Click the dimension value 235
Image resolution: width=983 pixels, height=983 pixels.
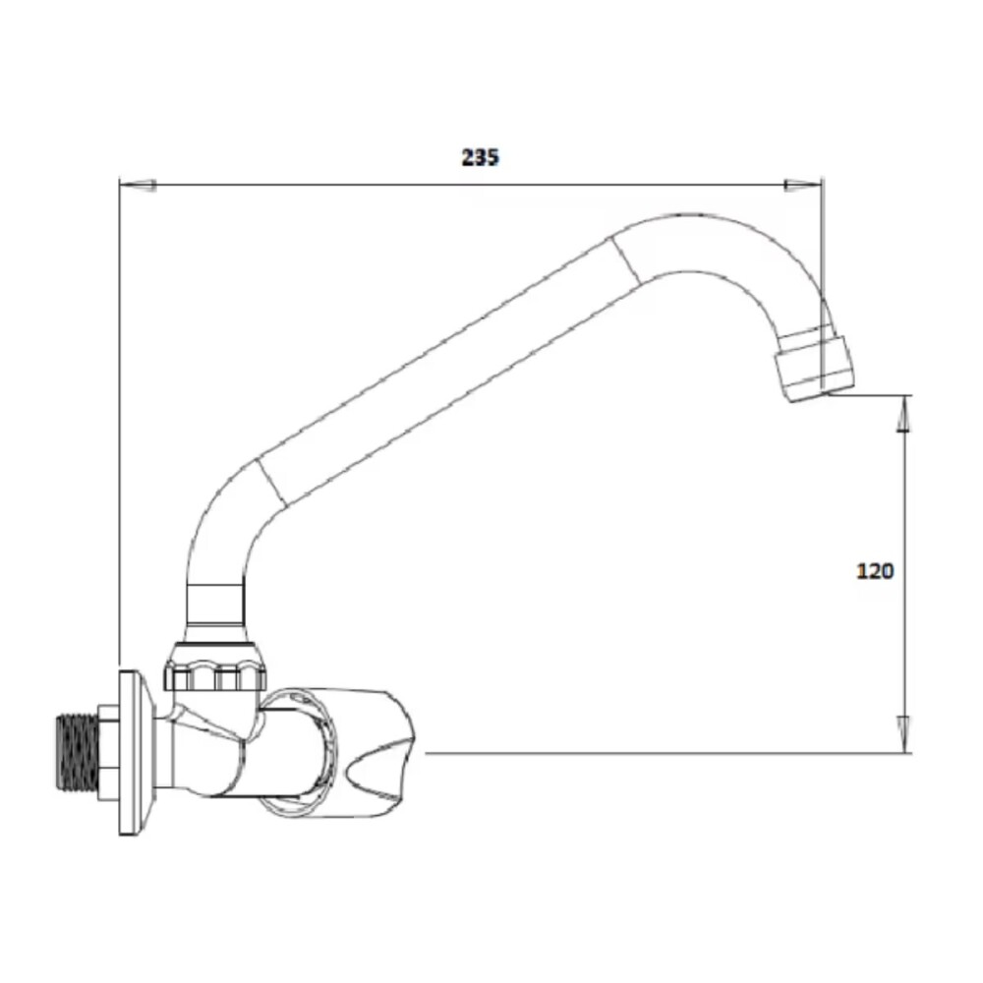click(x=481, y=157)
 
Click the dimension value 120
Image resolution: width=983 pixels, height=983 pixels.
click(x=875, y=571)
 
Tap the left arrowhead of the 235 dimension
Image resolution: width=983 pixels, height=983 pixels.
click(x=137, y=184)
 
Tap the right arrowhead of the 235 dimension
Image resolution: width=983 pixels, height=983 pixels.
click(x=802, y=184)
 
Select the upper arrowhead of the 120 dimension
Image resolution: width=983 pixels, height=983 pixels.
click(x=904, y=413)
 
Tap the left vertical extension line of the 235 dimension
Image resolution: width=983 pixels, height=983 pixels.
click(x=119, y=423)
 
